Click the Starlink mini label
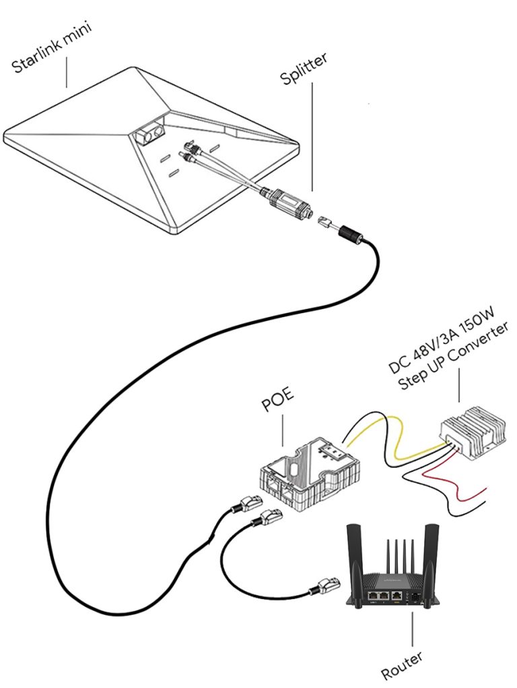pos(52,48)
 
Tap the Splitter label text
pos(304,69)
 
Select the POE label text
pos(277,400)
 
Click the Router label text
pos(402,665)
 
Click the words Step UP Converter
pos(453,355)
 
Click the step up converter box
pos(473,433)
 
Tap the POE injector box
pos(311,475)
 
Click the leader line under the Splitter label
pos(312,137)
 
